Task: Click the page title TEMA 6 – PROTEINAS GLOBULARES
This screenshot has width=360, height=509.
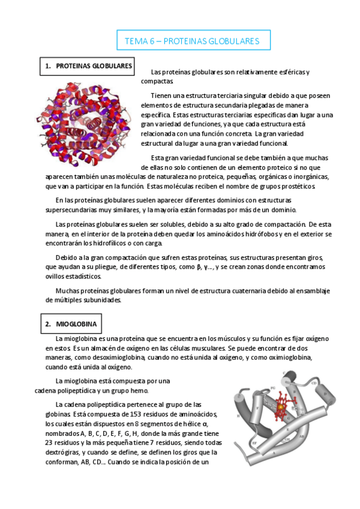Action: pos(191,41)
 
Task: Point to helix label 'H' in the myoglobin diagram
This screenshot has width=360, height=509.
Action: pos(239,415)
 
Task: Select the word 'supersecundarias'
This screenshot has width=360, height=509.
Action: pos(73,209)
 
